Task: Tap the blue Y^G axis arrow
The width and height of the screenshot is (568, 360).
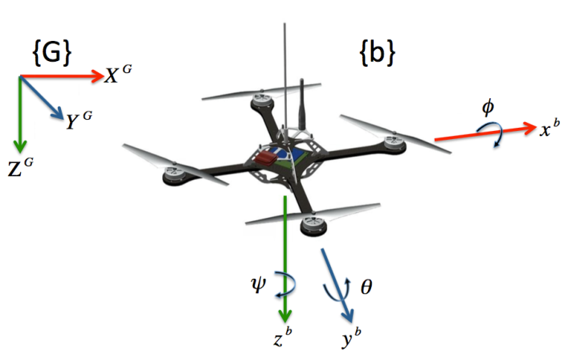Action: coord(40,98)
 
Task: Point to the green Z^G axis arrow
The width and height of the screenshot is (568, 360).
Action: coord(18,108)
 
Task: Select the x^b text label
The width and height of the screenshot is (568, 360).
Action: coord(550,129)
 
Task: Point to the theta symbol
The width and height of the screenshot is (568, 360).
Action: coord(366,284)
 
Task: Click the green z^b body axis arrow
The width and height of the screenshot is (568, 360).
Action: coord(285,257)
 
